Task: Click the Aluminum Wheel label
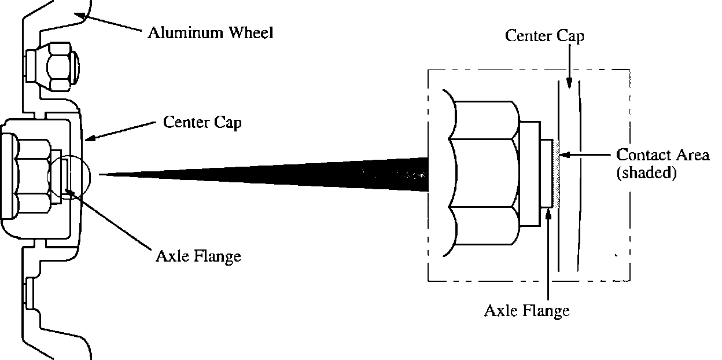tap(209, 32)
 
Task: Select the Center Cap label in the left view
tap(202, 123)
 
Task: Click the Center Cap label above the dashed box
tap(544, 36)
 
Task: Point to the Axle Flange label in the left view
tap(198, 256)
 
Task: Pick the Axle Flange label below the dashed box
tap(526, 311)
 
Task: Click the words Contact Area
tap(662, 155)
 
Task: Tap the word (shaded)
tap(646, 172)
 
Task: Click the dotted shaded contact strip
tap(557, 174)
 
